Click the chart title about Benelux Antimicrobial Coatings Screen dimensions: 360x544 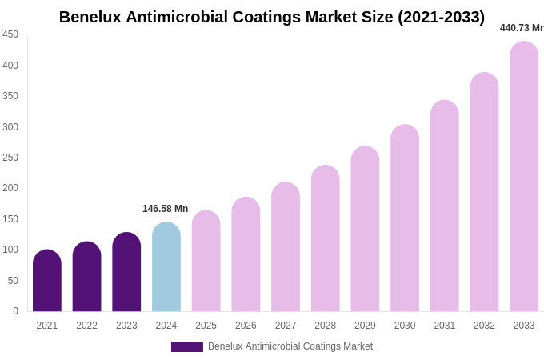coord(271,17)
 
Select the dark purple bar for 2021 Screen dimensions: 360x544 coord(47,282)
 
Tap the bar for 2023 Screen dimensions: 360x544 coord(126,273)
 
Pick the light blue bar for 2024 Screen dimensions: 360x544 coord(166,268)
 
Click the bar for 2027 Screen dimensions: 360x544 coord(286,248)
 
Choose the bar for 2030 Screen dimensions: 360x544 coord(405,219)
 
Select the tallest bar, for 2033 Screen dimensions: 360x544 coord(524,178)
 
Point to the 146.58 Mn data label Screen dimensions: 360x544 coord(165,209)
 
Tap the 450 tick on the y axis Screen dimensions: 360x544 coord(10,34)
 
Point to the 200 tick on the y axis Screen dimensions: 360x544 coord(10,188)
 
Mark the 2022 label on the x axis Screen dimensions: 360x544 coord(86,326)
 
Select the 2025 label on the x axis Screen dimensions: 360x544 coord(206,326)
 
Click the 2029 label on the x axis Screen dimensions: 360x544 coord(365,326)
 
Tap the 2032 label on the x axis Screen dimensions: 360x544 coord(484,326)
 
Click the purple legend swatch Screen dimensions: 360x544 coord(186,347)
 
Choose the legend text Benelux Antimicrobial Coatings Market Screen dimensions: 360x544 coord(290,346)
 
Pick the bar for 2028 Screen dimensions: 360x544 coord(326,239)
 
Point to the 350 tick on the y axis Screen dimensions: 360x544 coord(10,96)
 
